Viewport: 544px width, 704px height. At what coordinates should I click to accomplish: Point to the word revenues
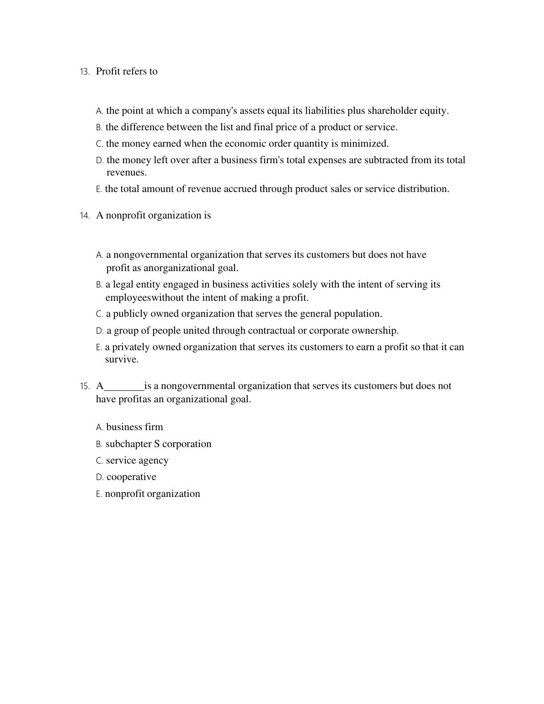[126, 173]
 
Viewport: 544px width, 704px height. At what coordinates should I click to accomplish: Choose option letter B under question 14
[99, 285]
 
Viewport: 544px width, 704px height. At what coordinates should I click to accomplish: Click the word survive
[122, 359]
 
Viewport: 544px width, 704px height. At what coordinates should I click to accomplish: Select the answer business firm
[134, 427]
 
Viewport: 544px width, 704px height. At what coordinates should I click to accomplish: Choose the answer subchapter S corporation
[158, 444]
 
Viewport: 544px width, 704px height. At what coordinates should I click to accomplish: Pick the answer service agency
[137, 460]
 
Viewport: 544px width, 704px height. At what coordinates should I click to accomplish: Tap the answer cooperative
[131, 477]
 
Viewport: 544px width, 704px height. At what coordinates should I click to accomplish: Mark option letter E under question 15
[99, 494]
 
